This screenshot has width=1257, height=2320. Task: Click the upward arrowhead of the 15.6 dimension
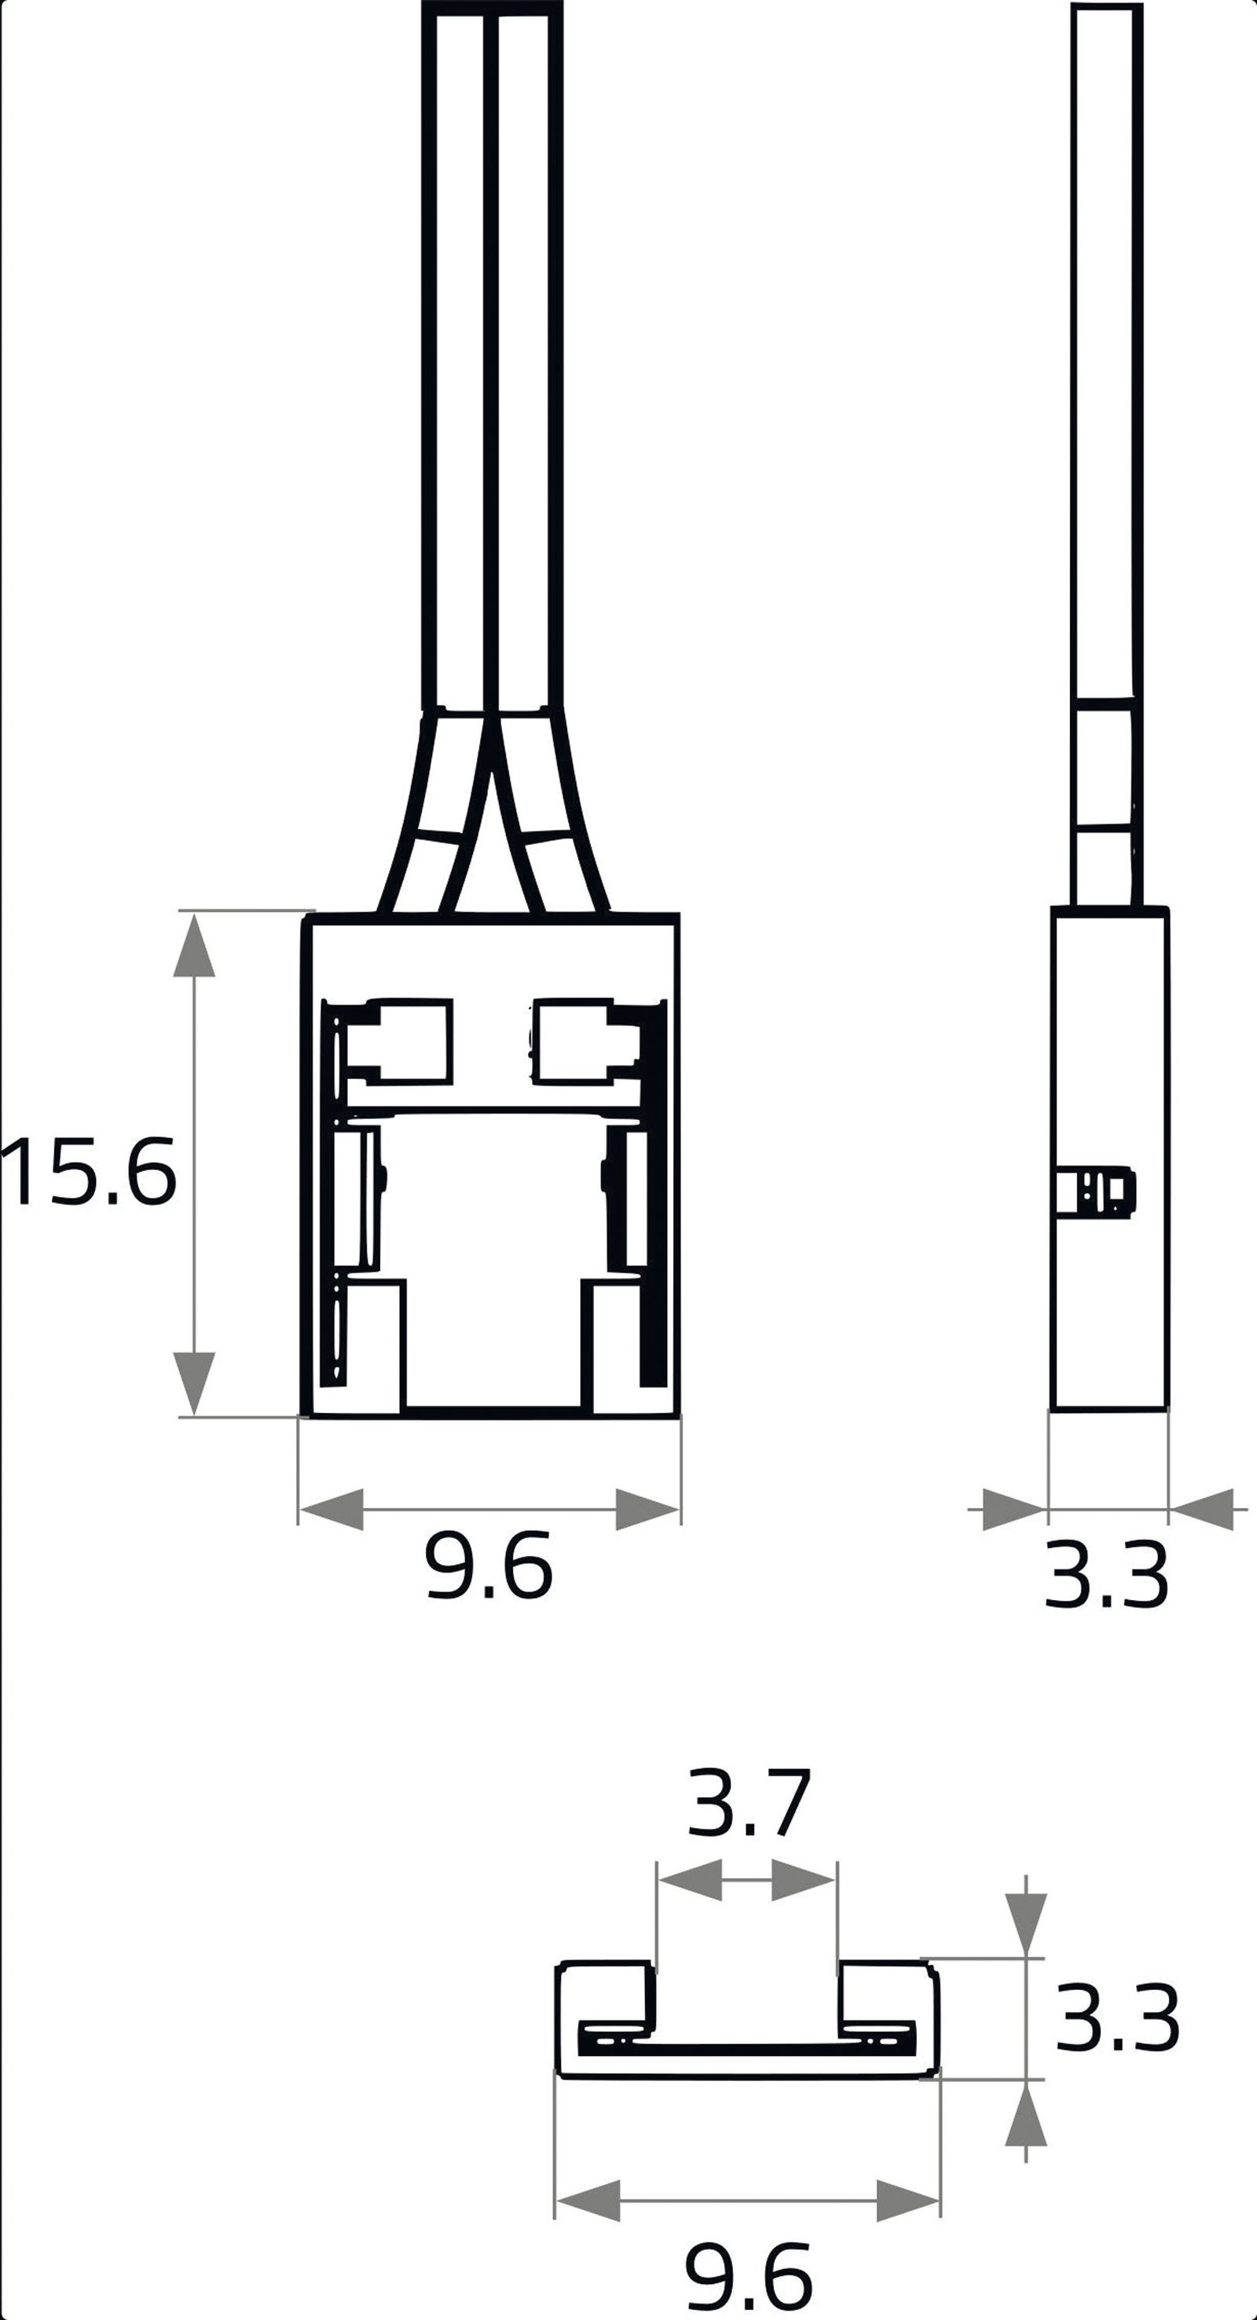(x=195, y=945)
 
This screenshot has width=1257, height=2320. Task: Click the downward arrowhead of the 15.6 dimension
(x=195, y=1382)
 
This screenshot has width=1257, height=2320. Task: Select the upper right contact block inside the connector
(x=577, y=1042)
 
